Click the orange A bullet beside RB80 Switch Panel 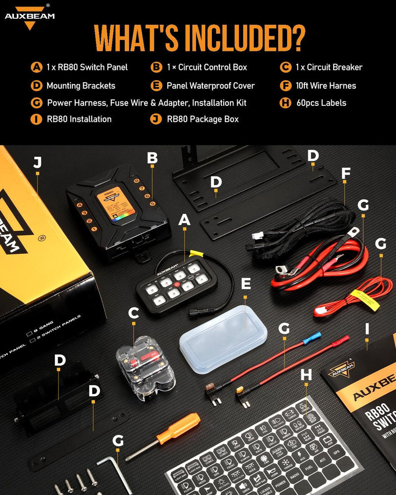[x=36, y=67]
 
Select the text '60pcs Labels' [x=321, y=103]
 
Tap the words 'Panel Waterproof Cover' [x=210, y=86]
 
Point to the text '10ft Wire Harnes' [x=326, y=86]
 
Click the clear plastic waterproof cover [x=223, y=333]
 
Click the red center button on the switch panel [x=176, y=284]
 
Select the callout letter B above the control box [x=152, y=159]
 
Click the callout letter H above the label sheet [x=306, y=375]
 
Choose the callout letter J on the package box [x=37, y=163]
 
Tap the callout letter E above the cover [x=246, y=283]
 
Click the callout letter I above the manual [x=367, y=328]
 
